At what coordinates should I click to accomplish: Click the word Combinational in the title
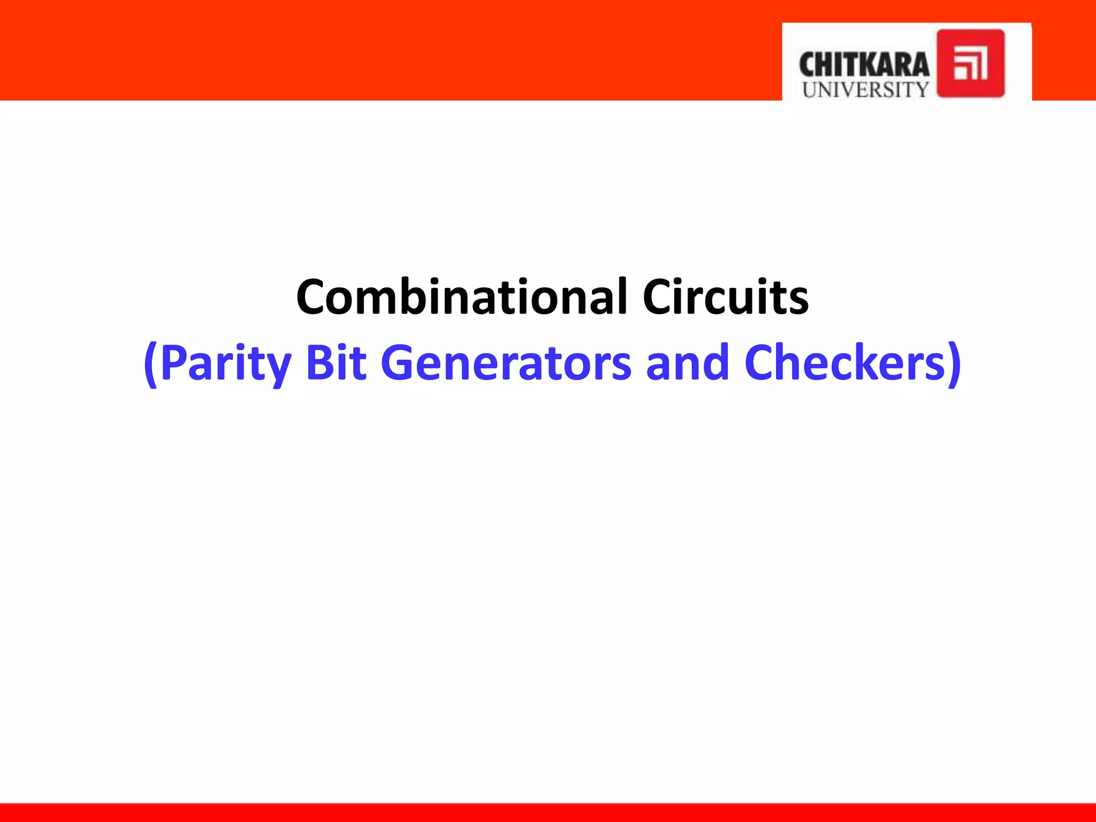(x=461, y=297)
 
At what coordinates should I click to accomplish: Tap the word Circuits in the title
(x=725, y=297)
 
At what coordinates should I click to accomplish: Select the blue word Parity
(x=225, y=364)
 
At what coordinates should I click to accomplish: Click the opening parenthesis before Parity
(x=151, y=365)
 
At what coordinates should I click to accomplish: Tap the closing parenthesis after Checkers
(x=954, y=365)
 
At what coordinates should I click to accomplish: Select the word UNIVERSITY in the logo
(x=865, y=89)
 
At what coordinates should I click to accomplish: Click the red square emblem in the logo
(x=970, y=64)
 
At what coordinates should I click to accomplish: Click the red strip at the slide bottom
(x=548, y=812)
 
